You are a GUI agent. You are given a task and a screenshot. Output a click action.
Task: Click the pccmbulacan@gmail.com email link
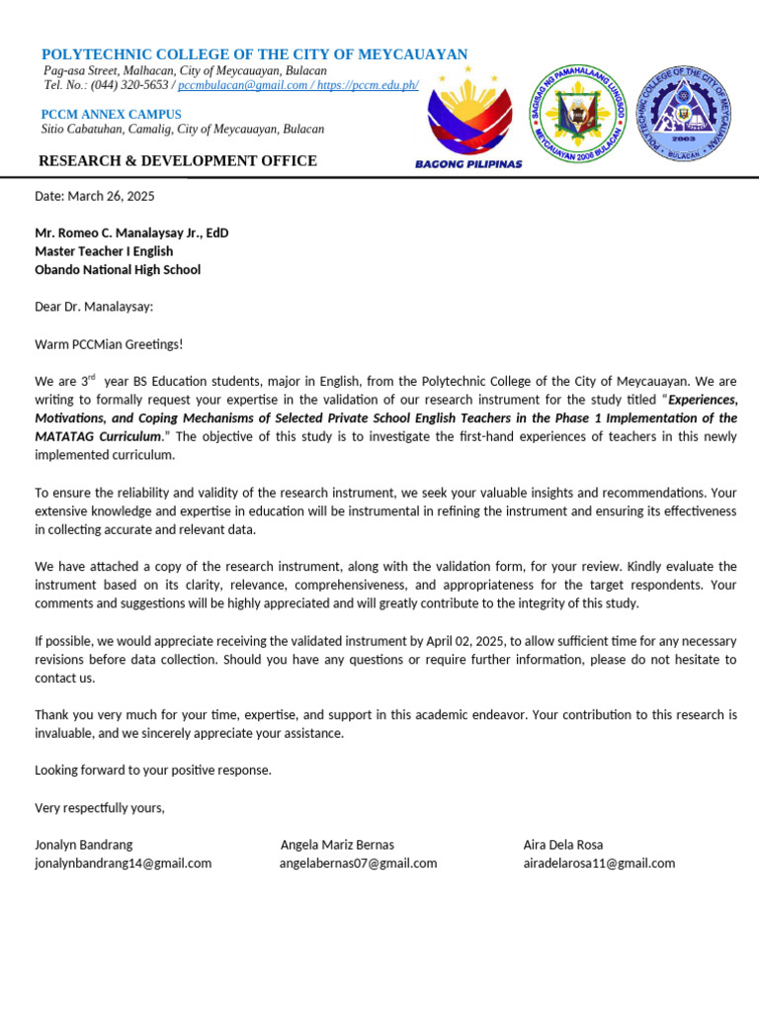click(243, 85)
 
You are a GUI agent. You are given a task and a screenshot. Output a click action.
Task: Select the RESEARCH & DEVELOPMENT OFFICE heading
click(178, 161)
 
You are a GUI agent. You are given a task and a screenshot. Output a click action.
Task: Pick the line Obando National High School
click(118, 269)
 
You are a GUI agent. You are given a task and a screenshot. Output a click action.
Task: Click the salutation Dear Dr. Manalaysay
click(94, 307)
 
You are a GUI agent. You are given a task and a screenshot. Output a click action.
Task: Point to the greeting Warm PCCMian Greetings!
click(109, 343)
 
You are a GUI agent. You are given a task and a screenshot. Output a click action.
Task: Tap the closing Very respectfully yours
click(100, 807)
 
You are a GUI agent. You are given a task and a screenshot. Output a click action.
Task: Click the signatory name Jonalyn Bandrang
click(84, 845)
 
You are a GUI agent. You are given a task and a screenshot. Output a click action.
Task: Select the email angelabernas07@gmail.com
click(358, 863)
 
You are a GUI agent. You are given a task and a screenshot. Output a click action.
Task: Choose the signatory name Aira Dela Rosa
click(563, 845)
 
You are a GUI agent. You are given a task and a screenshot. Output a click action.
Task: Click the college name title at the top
click(255, 53)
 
